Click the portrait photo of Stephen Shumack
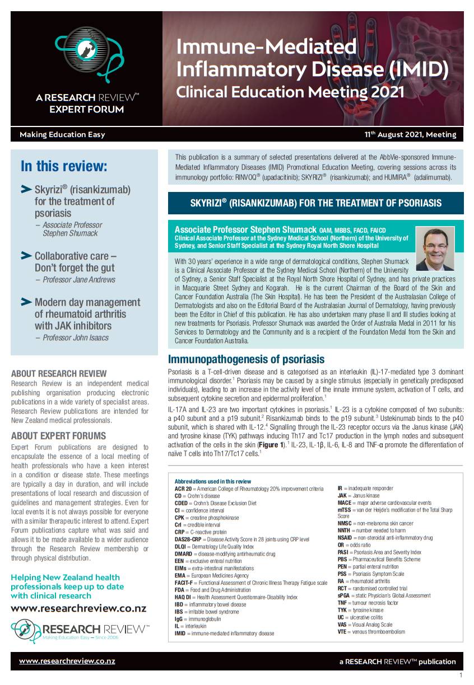point(435,248)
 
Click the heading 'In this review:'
point(64,166)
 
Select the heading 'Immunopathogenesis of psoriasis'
point(246,359)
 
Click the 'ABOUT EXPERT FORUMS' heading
point(58,436)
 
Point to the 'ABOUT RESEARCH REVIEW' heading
point(59,373)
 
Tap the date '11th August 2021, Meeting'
point(410,134)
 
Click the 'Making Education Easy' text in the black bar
point(62,134)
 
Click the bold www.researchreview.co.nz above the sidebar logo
point(78,608)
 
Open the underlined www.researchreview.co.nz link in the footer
point(67,661)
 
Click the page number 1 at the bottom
point(461,675)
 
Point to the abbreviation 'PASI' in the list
point(343,552)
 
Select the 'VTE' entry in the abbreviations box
point(343,632)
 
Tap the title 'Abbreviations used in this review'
point(213,481)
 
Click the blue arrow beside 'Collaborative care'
point(26,256)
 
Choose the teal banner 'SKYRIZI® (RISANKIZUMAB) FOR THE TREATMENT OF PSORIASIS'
point(315,203)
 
